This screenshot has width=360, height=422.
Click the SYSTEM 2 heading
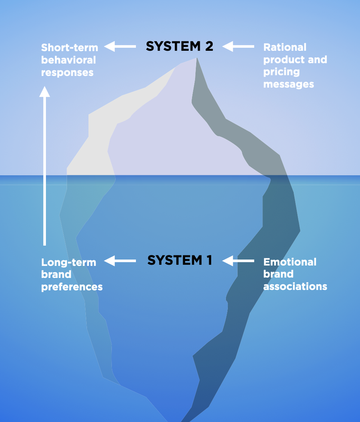click(x=179, y=46)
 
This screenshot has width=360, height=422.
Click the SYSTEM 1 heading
click(x=180, y=260)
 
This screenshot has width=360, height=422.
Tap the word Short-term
click(x=69, y=47)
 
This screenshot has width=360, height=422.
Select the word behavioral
click(x=68, y=59)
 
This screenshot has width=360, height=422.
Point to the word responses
click(x=67, y=72)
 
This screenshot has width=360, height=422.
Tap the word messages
click(x=288, y=84)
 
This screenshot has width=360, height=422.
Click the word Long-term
click(x=68, y=262)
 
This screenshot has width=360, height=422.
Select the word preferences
click(x=72, y=287)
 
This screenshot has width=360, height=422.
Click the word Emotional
click(x=290, y=262)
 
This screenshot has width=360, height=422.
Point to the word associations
click(x=295, y=287)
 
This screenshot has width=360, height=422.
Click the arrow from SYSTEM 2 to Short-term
click(x=120, y=46)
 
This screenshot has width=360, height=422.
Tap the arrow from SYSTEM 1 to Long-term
click(x=120, y=260)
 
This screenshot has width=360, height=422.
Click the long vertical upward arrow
click(x=44, y=166)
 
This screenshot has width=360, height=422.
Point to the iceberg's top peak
click(x=196, y=58)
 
